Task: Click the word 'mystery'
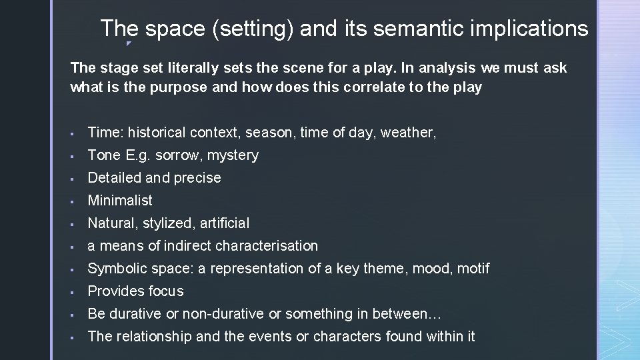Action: pos(233,155)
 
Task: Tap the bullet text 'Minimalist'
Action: pos(120,201)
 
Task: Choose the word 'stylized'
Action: pos(168,223)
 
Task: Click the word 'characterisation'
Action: pos(267,246)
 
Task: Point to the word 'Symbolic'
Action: pos(115,269)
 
